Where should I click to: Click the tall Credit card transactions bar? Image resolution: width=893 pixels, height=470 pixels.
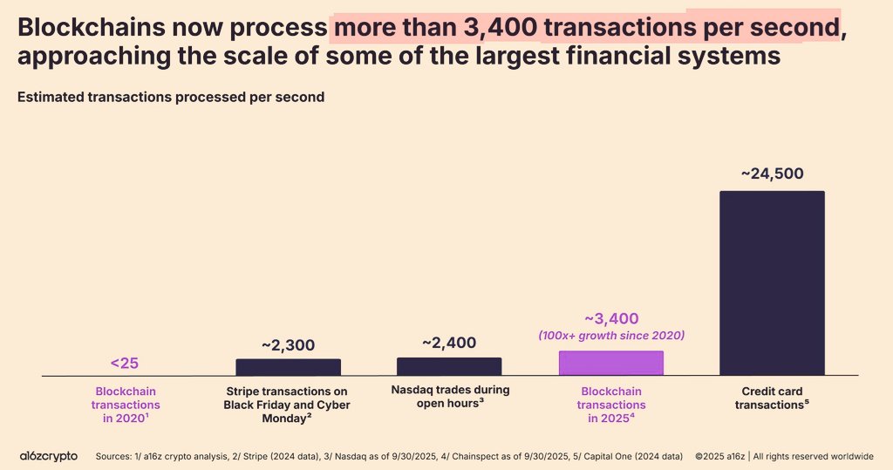tap(772, 283)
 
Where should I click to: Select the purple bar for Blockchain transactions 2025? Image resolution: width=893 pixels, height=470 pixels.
tap(610, 363)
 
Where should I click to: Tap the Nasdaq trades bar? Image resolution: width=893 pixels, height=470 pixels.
tap(449, 366)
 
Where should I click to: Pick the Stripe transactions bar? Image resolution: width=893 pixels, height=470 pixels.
tap(288, 367)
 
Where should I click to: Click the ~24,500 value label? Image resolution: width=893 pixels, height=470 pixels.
tap(772, 174)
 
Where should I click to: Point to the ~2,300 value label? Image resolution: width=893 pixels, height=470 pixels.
tap(288, 344)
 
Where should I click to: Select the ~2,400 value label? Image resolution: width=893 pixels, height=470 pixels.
tap(449, 343)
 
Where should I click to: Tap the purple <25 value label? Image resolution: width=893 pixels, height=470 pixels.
tap(126, 362)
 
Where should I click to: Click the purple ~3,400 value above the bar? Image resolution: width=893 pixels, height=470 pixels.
tap(610, 318)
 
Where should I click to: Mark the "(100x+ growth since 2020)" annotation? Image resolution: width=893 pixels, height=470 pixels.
tap(610, 336)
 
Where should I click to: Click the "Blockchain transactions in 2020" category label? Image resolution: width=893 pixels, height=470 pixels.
tap(127, 405)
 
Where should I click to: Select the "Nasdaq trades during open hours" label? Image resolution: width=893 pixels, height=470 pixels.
tap(450, 396)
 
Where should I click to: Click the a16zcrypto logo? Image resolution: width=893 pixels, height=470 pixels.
tap(49, 456)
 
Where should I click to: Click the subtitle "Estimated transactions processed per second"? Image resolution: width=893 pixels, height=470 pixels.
tap(171, 97)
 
